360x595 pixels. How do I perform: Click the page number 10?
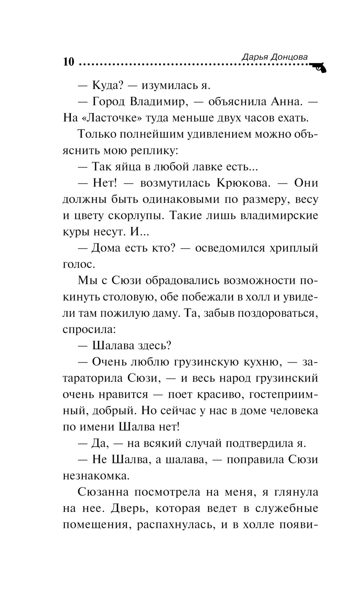pos(68,62)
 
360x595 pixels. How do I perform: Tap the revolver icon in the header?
pos(318,67)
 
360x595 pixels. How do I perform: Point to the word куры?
pos(75,232)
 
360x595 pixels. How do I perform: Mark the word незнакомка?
pos(96,476)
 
